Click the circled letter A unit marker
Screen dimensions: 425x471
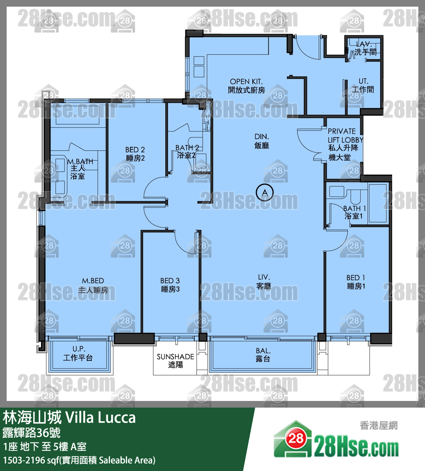coord(265,193)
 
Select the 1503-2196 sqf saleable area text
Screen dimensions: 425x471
coord(79,460)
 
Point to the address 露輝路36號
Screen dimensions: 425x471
coord(32,432)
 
